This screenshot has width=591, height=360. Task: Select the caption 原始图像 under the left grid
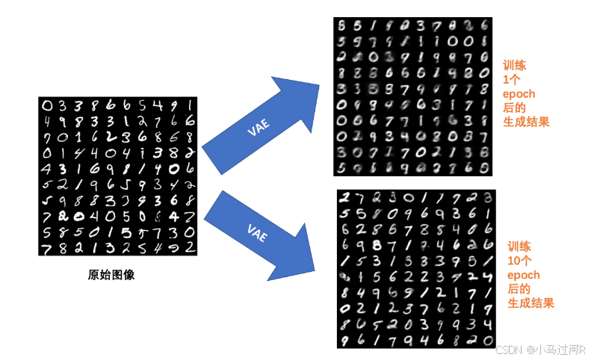[x=111, y=275]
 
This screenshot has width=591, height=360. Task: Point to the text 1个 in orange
[x=512, y=80]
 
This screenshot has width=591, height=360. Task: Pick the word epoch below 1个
[x=519, y=94]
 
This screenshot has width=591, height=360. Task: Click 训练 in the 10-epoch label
[x=519, y=247]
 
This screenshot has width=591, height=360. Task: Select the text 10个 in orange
[x=520, y=261]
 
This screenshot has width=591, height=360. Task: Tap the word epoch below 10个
[x=524, y=275]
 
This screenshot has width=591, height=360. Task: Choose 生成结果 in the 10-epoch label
[x=530, y=303]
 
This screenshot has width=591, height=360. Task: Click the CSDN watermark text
[x=507, y=350]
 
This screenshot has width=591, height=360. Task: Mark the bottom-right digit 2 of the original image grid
[x=191, y=246]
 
